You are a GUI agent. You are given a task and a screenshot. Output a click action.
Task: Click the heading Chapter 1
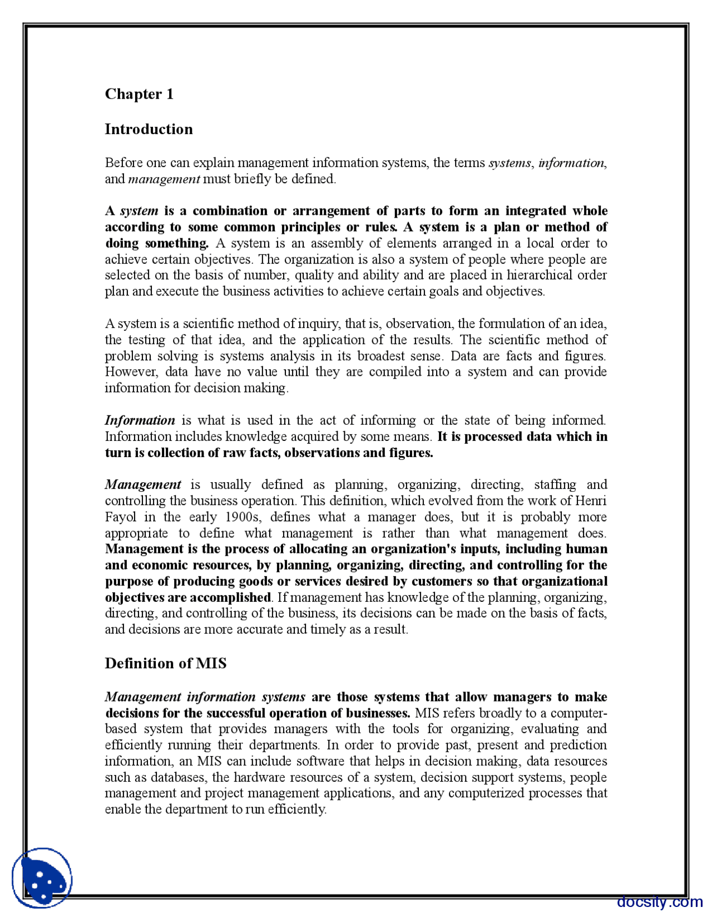point(139,94)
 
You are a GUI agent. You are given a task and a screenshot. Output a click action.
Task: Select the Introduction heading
point(149,129)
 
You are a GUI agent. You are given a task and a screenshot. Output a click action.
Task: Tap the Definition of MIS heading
point(165,663)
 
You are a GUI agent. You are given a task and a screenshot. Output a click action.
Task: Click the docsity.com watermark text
point(659,902)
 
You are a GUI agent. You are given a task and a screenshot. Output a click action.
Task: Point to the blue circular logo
point(42,878)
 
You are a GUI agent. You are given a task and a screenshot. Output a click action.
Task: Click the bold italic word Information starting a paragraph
point(140,420)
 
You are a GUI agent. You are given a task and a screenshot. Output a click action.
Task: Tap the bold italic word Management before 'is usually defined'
point(143,485)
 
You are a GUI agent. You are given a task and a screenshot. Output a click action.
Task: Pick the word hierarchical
point(538,275)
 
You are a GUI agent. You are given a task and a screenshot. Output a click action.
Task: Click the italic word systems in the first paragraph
point(510,163)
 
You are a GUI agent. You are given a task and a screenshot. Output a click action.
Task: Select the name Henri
point(591,501)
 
